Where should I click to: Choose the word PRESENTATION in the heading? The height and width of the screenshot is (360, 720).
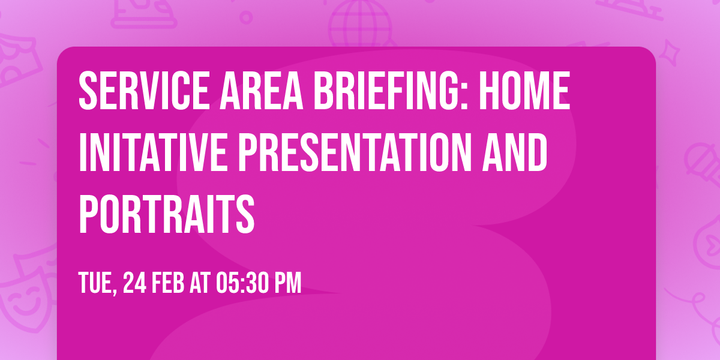(x=349, y=153)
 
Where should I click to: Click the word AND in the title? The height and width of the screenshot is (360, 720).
(x=517, y=153)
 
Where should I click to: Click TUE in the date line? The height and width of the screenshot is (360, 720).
(x=95, y=282)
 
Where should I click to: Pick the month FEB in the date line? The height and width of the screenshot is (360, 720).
(x=168, y=282)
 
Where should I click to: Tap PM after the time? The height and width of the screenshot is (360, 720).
(x=287, y=282)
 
